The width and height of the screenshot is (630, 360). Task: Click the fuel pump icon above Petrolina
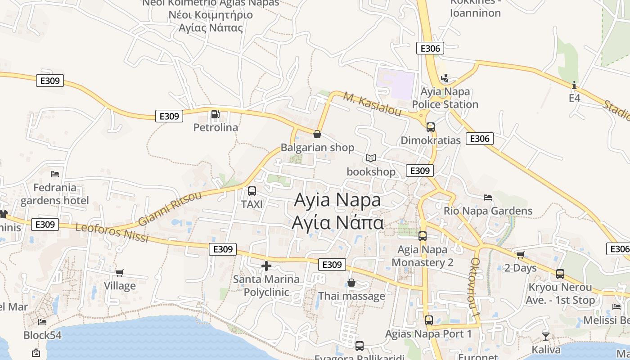pyautogui.click(x=216, y=114)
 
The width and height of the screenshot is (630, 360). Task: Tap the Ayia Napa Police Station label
pyautogui.click(x=445, y=98)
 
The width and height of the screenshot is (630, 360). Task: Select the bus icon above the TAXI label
pyautogui.click(x=252, y=191)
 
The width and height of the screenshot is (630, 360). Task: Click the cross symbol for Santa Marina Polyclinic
pyautogui.click(x=266, y=266)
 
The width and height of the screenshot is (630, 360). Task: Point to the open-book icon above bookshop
pyautogui.click(x=371, y=158)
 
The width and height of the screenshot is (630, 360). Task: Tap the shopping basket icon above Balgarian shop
pyautogui.click(x=317, y=134)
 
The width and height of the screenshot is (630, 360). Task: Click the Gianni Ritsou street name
pyautogui.click(x=170, y=209)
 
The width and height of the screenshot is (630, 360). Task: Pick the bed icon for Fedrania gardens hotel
pyautogui.click(x=55, y=174)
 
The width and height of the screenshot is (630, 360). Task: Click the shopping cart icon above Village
pyautogui.click(x=120, y=273)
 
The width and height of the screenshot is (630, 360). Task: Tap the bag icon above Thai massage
pyautogui.click(x=351, y=283)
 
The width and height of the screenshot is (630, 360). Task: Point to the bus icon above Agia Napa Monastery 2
pyautogui.click(x=423, y=236)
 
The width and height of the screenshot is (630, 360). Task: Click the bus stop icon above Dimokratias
pyautogui.click(x=431, y=127)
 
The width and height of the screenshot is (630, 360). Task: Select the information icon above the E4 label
pyautogui.click(x=574, y=85)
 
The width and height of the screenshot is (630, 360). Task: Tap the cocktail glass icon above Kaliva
pyautogui.click(x=546, y=336)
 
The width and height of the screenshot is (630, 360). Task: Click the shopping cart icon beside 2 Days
pyautogui.click(x=521, y=255)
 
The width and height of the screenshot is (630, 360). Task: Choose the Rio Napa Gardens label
pyautogui.click(x=488, y=211)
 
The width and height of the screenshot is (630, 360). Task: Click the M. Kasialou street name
pyautogui.click(x=372, y=104)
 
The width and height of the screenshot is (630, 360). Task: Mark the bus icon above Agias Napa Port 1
pyautogui.click(x=429, y=320)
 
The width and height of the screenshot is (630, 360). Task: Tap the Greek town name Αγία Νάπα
pyautogui.click(x=337, y=223)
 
